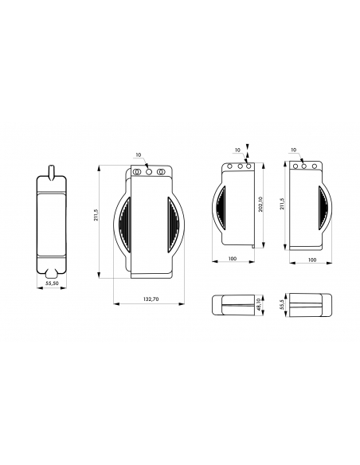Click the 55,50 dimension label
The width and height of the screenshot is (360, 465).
coord(52,283)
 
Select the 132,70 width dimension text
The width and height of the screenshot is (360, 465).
coord(151,299)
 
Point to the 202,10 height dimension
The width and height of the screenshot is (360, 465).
coord(260,204)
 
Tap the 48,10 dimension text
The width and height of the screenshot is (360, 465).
coord(259,305)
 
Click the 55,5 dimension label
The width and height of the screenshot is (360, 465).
coord(282,305)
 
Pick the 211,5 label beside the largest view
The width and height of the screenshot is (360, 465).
coord(96,215)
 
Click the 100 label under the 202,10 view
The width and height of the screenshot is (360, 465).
coord(233,259)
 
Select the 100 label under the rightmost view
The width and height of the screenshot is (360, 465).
coord(312,260)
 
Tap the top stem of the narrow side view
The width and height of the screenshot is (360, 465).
coord(52,172)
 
